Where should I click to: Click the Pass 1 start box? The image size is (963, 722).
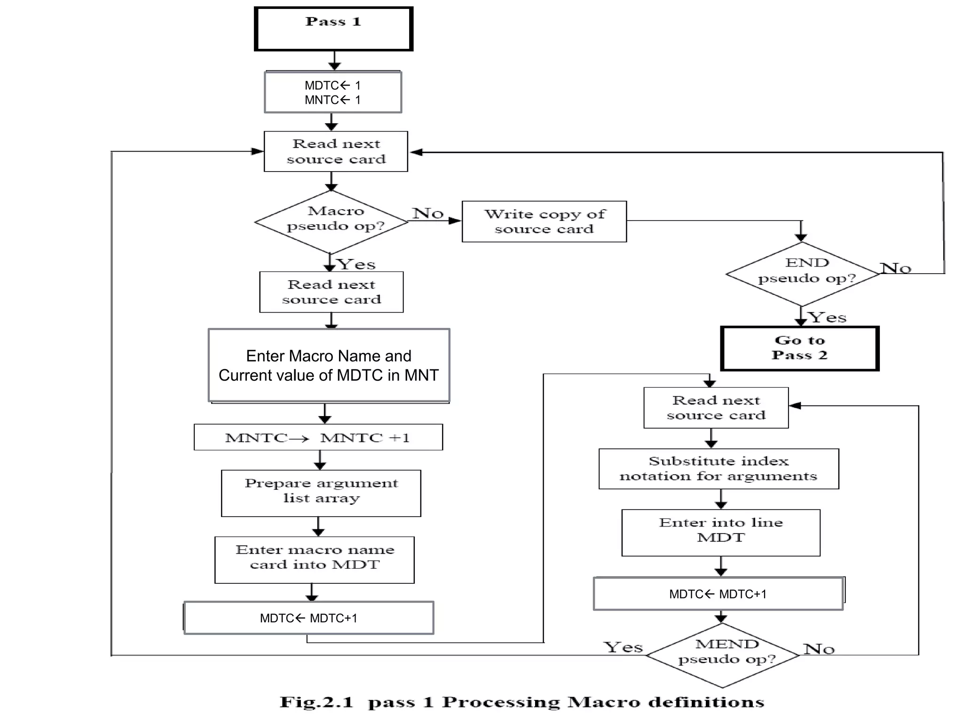point(333,29)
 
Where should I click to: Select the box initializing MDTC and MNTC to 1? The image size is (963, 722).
point(333,92)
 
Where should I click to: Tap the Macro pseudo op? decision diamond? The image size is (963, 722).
point(332,221)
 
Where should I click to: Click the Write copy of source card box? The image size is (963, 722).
point(544,221)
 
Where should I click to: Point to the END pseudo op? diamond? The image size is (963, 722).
point(802,274)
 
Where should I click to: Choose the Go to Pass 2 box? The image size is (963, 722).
point(799,348)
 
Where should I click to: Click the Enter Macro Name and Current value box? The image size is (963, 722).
point(329,365)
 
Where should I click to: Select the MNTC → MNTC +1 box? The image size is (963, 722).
point(318,437)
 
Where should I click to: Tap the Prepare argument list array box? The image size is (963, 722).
point(321,493)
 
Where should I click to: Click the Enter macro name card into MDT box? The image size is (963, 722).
point(314,560)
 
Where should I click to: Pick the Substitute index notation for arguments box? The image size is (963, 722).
point(718,469)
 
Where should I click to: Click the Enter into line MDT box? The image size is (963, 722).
point(720,533)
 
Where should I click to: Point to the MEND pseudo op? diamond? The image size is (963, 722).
point(723,655)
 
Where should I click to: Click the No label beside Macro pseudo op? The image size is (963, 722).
point(428,213)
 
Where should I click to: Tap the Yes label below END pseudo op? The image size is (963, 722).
point(827,317)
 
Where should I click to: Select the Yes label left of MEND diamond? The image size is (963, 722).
point(623,647)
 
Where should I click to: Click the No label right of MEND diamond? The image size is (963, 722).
point(819,649)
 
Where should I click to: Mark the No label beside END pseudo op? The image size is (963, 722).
point(895,268)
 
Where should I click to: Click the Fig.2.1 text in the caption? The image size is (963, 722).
point(316,702)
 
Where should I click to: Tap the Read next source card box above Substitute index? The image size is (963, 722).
point(716,408)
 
